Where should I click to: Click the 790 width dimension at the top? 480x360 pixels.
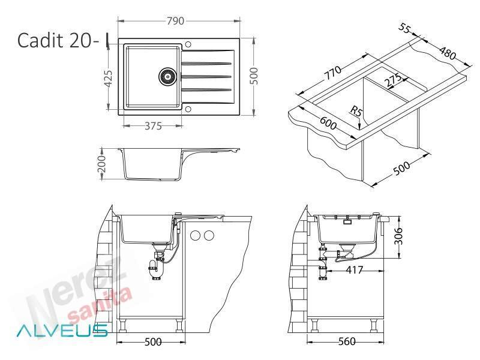(175, 21)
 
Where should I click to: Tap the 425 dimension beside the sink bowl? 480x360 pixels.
(109, 79)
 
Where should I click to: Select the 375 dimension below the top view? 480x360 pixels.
(153, 126)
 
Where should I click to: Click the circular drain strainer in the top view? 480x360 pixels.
(167, 76)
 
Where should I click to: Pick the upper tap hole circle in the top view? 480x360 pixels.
(188, 44)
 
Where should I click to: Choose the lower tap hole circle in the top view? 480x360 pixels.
(188, 109)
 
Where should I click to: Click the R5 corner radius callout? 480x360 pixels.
(356, 111)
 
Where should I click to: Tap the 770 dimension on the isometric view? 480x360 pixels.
(333, 73)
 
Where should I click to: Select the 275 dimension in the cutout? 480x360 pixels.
(393, 80)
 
